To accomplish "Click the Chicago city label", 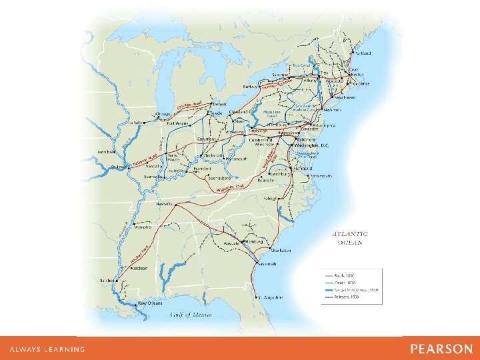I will coord(163,114).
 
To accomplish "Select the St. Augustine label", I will coord(271,297).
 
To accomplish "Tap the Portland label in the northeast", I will coord(363,52).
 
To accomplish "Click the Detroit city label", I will coord(219,104).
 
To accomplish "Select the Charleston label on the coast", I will coord(281,251).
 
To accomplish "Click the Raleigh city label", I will coord(289,198).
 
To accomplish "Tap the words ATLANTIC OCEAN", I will coord(350,238).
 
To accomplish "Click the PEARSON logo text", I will coord(441,349).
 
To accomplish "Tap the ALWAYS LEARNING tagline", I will coord(47,349).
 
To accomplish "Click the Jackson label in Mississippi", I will coord(140,269).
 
